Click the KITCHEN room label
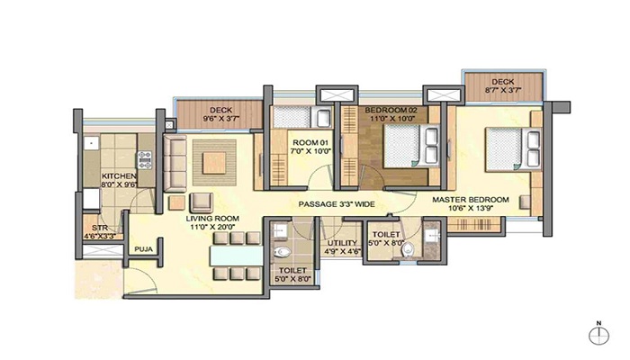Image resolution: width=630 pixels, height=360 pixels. [x=119, y=175]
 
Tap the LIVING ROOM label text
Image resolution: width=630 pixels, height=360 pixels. [x=211, y=218]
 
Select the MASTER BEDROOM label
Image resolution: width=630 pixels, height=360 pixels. [x=470, y=199]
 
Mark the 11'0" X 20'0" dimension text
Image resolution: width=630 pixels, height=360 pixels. [x=211, y=228]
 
